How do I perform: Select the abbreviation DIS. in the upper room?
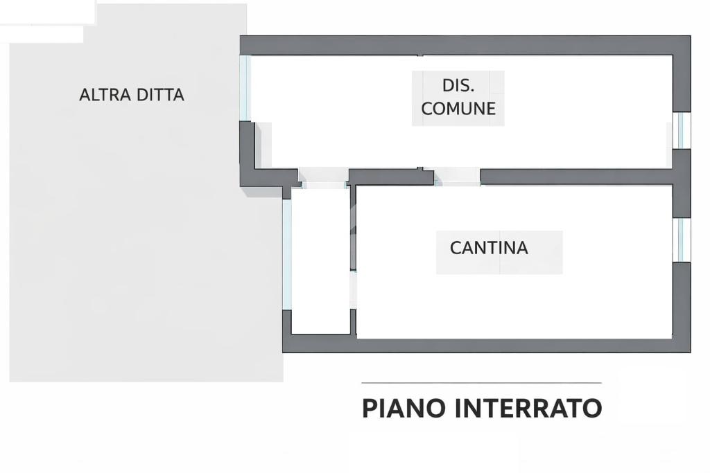click(458, 86)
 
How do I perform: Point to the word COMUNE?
click(458, 109)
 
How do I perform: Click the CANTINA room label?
click(489, 248)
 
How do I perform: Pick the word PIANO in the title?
click(404, 409)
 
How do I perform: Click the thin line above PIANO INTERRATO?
click(481, 383)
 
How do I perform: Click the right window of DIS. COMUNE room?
click(683, 130)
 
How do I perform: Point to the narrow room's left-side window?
click(286, 253)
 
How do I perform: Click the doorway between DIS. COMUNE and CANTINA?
click(458, 178)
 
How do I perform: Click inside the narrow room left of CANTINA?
click(320, 263)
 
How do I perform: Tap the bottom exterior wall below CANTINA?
click(485, 344)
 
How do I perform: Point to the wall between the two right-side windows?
click(682, 184)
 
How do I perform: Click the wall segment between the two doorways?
click(392, 177)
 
